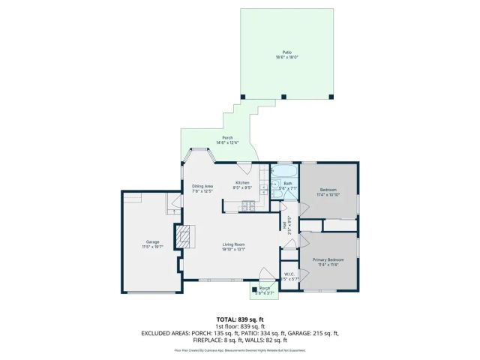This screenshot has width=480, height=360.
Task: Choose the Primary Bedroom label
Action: tap(327, 259)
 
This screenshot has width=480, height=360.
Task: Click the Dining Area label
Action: tap(202, 186)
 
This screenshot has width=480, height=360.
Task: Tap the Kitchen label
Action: tap(242, 183)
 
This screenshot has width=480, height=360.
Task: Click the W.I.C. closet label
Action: tap(289, 274)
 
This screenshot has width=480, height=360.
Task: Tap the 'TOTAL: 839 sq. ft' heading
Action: tap(239, 319)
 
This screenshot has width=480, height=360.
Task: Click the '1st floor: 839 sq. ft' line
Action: tap(239, 326)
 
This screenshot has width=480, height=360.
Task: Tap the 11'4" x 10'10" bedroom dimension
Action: tap(328, 194)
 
